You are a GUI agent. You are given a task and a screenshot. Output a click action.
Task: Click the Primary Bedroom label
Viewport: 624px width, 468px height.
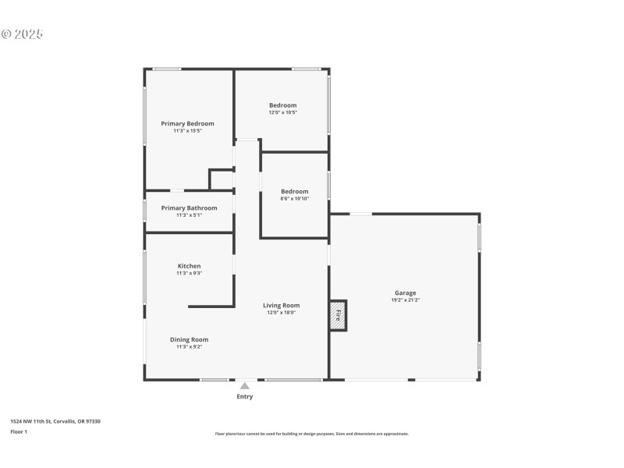(187, 123)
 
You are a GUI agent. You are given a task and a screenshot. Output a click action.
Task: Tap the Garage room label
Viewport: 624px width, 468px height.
(405, 292)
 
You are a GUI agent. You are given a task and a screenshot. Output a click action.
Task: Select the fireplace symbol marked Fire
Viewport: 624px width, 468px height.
(339, 315)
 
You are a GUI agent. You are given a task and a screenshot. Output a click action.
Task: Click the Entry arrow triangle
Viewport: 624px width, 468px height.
(244, 385)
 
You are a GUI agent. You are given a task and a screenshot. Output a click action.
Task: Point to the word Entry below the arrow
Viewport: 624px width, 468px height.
(244, 397)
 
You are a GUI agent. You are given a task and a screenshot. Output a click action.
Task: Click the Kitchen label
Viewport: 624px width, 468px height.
(189, 266)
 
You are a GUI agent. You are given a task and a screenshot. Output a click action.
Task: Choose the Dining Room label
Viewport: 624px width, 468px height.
(189, 339)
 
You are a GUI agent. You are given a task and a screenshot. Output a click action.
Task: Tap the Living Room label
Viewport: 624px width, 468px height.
(281, 305)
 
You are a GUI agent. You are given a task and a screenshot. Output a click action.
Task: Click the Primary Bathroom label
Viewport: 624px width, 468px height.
(189, 207)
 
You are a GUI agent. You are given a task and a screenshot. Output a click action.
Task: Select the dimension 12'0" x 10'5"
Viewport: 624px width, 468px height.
(283, 112)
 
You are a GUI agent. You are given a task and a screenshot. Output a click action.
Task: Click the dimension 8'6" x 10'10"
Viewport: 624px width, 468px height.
(295, 199)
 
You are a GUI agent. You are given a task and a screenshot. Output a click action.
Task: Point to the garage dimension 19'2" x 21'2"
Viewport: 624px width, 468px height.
(405, 300)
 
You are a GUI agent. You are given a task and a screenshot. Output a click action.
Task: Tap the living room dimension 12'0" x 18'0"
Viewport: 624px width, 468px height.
(281, 313)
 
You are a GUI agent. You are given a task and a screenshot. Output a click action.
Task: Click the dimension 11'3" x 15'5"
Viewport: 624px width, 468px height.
(187, 131)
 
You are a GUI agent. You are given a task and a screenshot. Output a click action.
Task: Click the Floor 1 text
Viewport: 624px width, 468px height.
(19, 431)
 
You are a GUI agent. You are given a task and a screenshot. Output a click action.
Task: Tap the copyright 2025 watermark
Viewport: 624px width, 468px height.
(22, 34)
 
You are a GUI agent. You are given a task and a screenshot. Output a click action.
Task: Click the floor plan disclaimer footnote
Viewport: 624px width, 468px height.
(311, 434)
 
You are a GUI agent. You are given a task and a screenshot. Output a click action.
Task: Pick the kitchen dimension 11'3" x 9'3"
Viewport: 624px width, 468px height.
(189, 274)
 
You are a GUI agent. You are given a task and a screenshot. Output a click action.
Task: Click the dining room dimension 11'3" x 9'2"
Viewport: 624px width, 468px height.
(189, 347)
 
